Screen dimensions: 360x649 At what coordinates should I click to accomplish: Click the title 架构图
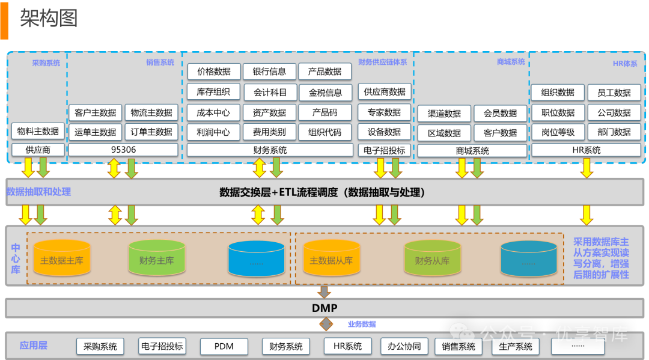(x=48, y=19)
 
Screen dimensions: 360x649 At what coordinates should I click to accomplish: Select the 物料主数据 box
(x=38, y=131)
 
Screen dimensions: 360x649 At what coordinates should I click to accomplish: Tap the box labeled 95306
(x=123, y=150)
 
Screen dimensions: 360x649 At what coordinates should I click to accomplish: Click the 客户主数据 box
(x=96, y=112)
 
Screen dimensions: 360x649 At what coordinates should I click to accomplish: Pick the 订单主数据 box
(x=151, y=132)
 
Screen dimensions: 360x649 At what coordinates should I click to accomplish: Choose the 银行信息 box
(x=269, y=72)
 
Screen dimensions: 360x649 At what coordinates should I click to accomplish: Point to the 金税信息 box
(x=325, y=93)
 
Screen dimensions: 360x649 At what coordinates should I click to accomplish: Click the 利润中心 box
(x=213, y=132)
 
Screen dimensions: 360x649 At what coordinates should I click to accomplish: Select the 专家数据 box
(x=384, y=112)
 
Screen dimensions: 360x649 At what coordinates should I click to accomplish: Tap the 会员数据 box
(x=500, y=113)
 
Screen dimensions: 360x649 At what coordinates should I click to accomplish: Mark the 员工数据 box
(x=614, y=93)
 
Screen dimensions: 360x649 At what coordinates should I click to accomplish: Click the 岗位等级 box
(x=558, y=132)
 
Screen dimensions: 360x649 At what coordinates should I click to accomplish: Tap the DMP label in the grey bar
(x=324, y=308)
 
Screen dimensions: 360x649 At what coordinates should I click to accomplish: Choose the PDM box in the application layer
(x=224, y=346)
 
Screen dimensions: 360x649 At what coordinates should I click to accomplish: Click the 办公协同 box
(x=404, y=346)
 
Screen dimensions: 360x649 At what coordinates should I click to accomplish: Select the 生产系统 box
(x=516, y=346)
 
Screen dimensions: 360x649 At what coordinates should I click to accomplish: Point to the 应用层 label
(x=34, y=346)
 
